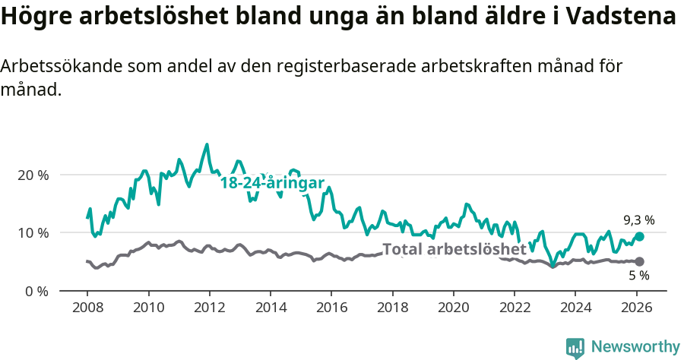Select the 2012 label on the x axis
click(209, 309)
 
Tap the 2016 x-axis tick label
click(331, 309)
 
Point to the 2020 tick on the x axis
click(453, 309)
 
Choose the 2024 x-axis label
click(575, 309)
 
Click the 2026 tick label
click(636, 309)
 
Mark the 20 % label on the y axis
click(33, 175)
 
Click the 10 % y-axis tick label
click(33, 232)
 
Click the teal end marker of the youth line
click(639, 237)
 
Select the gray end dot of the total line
click(639, 262)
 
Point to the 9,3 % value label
click(638, 220)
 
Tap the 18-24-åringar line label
click(272, 183)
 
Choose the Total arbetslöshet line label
click(454, 249)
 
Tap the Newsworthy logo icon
click(575, 347)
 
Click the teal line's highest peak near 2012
click(207, 144)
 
